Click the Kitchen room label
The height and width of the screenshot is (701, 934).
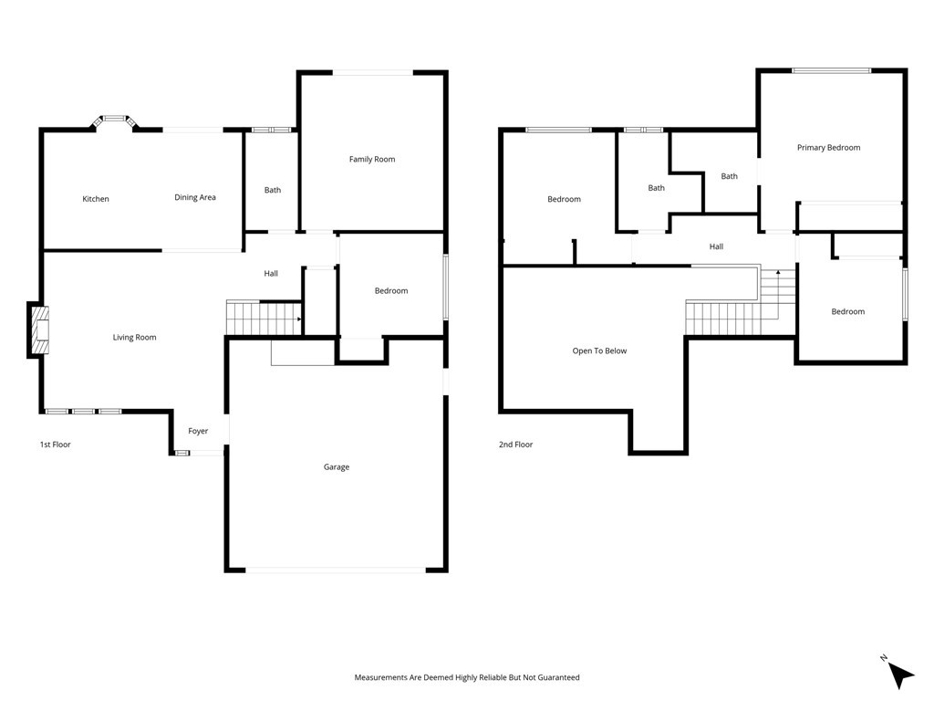point(96,199)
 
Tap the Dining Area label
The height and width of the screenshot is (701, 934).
point(195,197)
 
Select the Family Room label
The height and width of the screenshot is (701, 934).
point(372,160)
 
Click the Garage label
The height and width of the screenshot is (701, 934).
point(337,467)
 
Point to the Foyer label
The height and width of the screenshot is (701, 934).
point(198,431)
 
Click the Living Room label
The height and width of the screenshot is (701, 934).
point(134,338)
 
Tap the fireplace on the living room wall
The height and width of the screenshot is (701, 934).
point(39,330)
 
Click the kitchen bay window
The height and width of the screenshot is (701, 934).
point(114,119)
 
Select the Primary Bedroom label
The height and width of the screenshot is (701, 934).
point(828,148)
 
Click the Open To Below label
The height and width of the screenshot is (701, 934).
point(599,350)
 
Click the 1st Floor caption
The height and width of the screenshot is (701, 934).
point(55,445)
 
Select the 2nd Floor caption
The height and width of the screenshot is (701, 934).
point(515,445)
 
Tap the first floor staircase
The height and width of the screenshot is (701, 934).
point(264,319)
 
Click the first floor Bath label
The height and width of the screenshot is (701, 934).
point(273,191)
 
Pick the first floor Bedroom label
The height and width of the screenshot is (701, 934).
point(391,291)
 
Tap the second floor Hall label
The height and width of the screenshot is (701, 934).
point(716,246)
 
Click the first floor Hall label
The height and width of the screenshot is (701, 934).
point(271,274)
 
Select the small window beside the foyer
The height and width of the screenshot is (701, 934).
point(182,453)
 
